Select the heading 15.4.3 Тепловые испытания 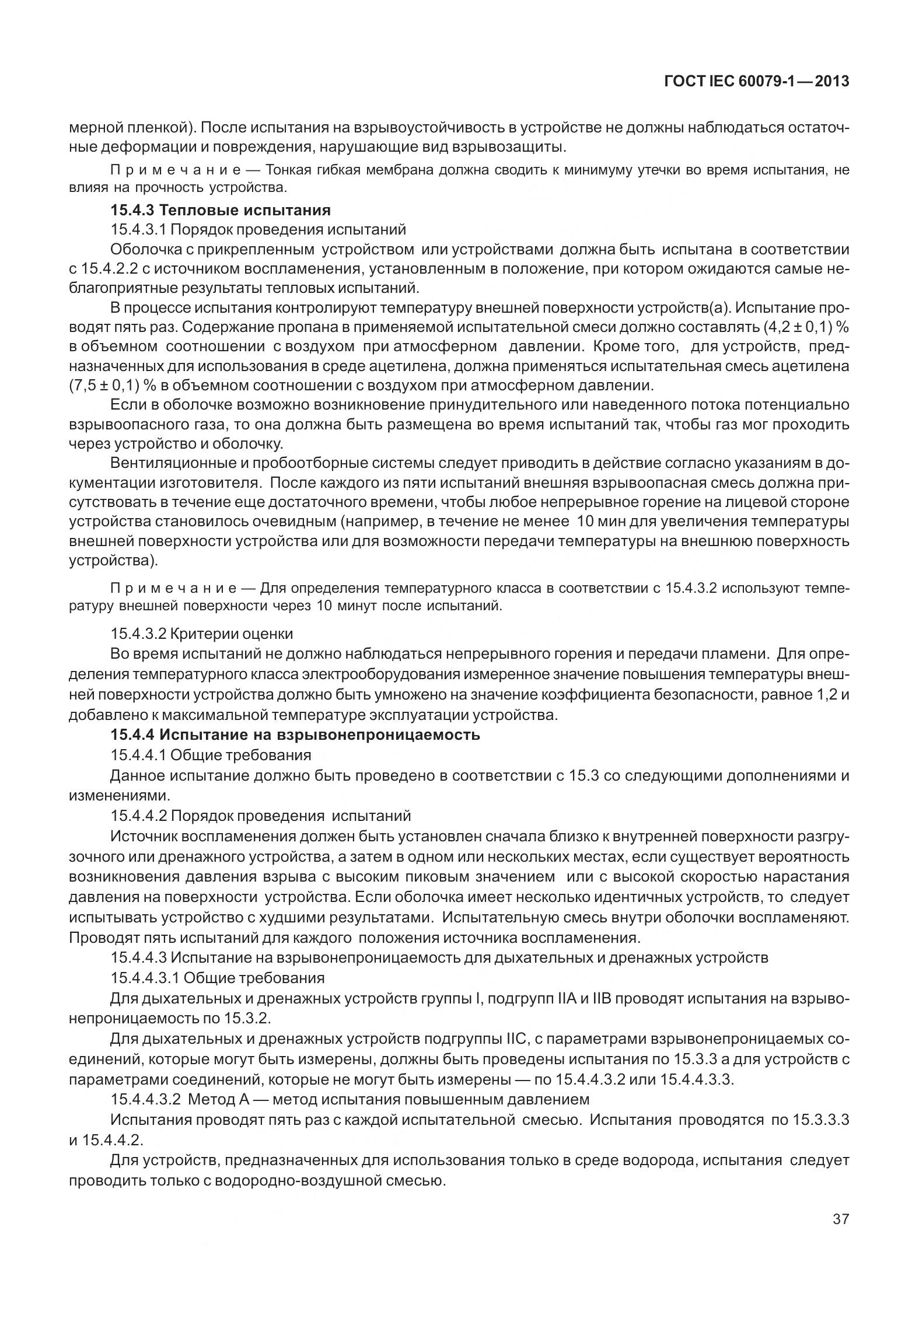221,210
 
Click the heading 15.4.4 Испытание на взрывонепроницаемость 295,735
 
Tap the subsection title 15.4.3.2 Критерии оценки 202,634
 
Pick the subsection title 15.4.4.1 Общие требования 211,755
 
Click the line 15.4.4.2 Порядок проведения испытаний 260,815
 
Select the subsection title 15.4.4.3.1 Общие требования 218,977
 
